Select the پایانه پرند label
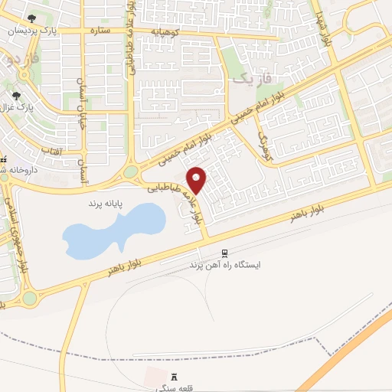coord(95,207)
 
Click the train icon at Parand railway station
coord(224,253)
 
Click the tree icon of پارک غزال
coord(16,96)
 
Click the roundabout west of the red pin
coord(130,172)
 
